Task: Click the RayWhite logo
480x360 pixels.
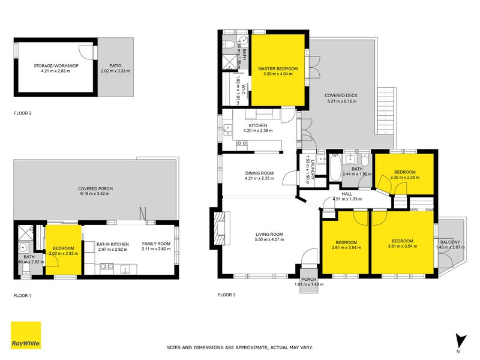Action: pyautogui.click(x=26, y=335)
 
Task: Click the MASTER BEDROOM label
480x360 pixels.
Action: pyautogui.click(x=275, y=69)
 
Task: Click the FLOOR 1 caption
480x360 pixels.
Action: pyautogui.click(x=23, y=296)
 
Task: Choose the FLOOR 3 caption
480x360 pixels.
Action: pyautogui.click(x=227, y=295)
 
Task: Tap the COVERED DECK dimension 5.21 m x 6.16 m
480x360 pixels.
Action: pyautogui.click(x=341, y=101)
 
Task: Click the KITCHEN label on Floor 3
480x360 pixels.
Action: pyautogui.click(x=257, y=125)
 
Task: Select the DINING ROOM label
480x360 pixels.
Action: pyautogui.click(x=259, y=173)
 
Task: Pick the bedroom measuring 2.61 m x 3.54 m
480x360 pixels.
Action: pyautogui.click(x=344, y=244)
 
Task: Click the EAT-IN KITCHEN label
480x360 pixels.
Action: pyautogui.click(x=113, y=244)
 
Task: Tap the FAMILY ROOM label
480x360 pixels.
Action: pyautogui.click(x=156, y=244)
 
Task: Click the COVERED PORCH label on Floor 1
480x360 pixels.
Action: pyautogui.click(x=96, y=188)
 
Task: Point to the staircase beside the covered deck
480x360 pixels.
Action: pyautogui.click(x=387, y=112)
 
